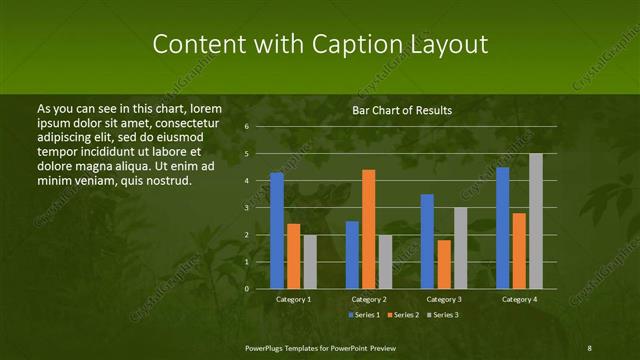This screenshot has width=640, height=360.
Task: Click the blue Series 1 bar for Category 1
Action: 277,231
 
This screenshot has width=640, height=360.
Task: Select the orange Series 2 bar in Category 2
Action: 369,230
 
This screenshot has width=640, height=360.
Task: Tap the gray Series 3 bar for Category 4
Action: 536,221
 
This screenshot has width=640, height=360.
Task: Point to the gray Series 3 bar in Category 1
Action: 310,262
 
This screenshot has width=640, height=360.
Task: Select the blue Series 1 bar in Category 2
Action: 352,255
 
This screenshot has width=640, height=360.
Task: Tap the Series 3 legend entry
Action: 446,314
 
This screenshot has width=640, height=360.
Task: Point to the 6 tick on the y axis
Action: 245,127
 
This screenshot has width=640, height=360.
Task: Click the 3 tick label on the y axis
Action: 245,208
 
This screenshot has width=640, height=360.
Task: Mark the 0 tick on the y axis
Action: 245,289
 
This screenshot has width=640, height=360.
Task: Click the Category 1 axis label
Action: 293,299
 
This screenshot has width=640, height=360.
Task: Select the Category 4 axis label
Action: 519,299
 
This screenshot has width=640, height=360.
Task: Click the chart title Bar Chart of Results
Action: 402,110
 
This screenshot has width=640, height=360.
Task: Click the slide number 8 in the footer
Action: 589,347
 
